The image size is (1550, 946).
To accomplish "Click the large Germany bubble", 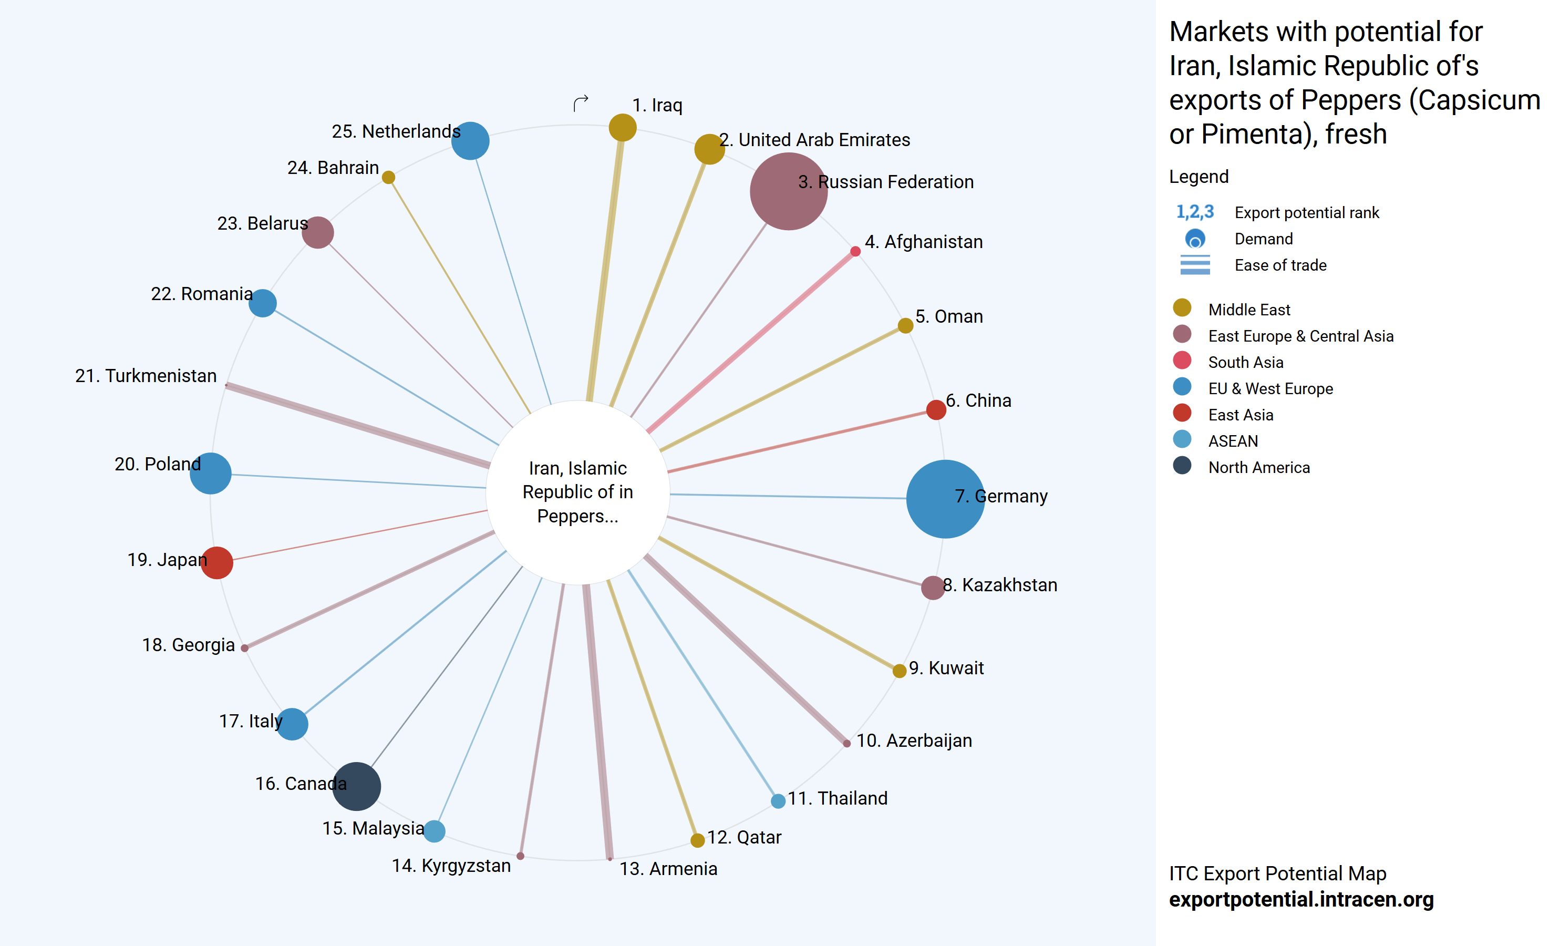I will pos(945,499).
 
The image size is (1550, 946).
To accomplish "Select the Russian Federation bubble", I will pos(788,191).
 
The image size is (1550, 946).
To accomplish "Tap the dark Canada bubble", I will pos(356,786).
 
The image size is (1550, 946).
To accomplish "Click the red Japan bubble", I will pos(217,562).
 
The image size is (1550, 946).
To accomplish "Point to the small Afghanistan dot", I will pos(855,252).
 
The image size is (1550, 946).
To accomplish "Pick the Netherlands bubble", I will pos(470,140).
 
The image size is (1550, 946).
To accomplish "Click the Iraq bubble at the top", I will pos(622,128).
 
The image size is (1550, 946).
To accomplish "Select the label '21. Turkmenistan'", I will pos(146,376).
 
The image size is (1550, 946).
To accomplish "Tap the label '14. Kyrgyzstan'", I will pos(451,866).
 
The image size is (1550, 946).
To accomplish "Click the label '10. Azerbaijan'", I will pos(914,741).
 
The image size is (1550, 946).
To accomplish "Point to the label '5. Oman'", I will pos(948,316).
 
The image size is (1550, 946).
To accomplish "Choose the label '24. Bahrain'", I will pos(333,168).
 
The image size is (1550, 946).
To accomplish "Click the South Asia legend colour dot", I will pos(1182,361).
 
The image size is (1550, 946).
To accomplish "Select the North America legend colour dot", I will pos(1182,466).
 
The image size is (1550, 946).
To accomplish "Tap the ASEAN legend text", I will pos(1233,441).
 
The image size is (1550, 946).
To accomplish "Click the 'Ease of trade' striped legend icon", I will pos(1195,265).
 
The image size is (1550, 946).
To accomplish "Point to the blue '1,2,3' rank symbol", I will pos(1195,212).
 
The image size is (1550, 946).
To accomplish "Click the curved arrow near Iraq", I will pos(581,102).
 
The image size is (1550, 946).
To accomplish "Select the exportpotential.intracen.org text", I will pos(1301,899).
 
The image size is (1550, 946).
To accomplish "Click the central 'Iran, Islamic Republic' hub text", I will pos(577,491).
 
